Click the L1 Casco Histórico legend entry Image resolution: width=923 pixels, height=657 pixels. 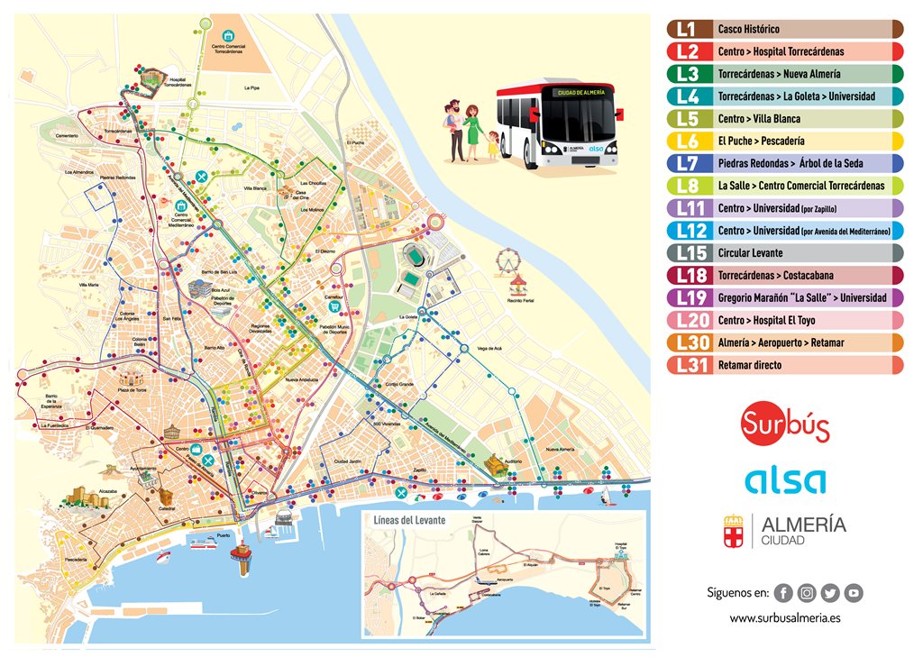pyautogui.click(x=784, y=29)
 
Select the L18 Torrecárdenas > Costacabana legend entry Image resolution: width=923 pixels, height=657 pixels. pyautogui.click(x=784, y=275)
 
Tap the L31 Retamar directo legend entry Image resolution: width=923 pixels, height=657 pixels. pyautogui.click(x=784, y=365)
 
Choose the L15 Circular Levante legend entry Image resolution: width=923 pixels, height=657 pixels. pyautogui.click(x=784, y=252)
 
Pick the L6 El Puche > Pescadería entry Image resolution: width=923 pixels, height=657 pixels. pyautogui.click(x=784, y=141)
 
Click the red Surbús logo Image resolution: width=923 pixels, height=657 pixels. pyautogui.click(x=784, y=424)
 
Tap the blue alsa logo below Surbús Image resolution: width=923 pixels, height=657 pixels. pyautogui.click(x=784, y=480)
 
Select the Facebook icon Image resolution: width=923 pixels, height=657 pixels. pyautogui.click(x=783, y=592)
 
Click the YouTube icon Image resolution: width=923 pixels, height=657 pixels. pyautogui.click(x=853, y=592)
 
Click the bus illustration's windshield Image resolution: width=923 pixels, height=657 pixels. pyautogui.click(x=578, y=117)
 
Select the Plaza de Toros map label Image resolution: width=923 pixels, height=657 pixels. pyautogui.click(x=132, y=389)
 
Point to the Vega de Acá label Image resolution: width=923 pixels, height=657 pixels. pyautogui.click(x=489, y=348)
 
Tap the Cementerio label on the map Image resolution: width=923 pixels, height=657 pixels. pyautogui.click(x=67, y=136)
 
